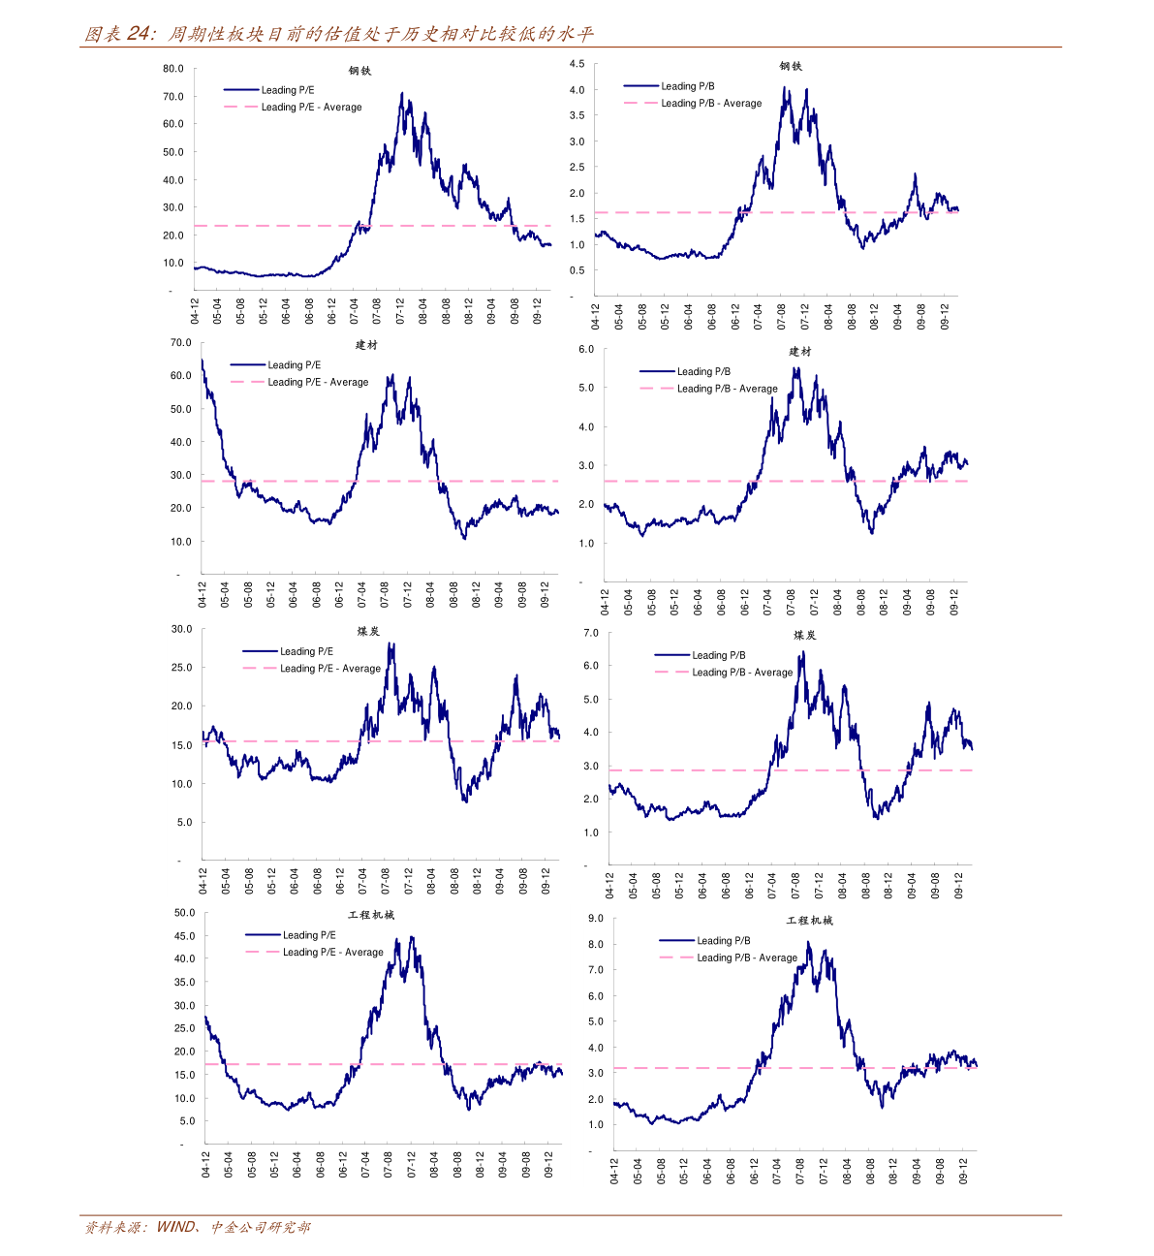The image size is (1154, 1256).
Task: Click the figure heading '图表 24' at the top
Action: (x=119, y=35)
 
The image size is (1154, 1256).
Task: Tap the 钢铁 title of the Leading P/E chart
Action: (x=359, y=71)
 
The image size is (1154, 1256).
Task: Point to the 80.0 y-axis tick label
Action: (x=173, y=69)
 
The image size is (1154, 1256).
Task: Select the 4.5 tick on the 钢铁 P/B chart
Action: (x=577, y=64)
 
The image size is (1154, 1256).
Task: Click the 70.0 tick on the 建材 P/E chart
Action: (x=180, y=343)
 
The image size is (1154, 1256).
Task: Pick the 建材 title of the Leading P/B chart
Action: (x=799, y=352)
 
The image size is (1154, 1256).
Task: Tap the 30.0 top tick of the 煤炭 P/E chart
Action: (x=181, y=629)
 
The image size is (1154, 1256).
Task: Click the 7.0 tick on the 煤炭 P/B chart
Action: (x=591, y=633)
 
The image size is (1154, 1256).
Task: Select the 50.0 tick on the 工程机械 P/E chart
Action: (x=184, y=913)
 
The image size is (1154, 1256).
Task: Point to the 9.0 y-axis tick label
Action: (x=595, y=919)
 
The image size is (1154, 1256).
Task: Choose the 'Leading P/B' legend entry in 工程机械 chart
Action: (x=723, y=941)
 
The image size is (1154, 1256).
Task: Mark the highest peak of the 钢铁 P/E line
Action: (x=402, y=94)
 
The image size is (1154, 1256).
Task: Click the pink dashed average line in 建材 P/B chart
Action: (x=678, y=482)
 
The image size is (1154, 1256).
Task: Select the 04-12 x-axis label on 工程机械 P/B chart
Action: (x=615, y=1171)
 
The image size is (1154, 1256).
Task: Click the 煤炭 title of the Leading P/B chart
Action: (x=804, y=636)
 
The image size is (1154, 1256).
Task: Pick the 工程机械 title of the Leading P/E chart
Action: (x=371, y=916)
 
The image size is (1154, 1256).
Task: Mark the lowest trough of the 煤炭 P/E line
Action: (x=465, y=801)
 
